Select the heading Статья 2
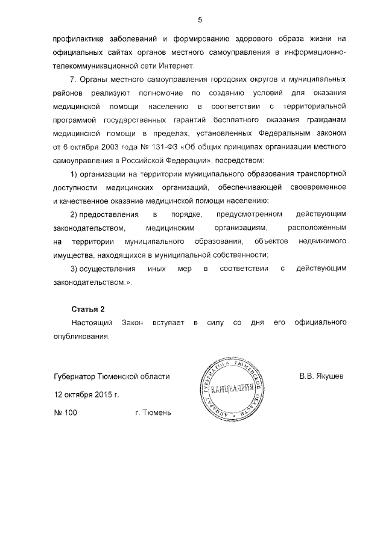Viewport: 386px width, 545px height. click(89, 309)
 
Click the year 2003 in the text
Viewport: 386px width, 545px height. click(122, 148)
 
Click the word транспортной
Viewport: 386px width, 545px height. click(320, 174)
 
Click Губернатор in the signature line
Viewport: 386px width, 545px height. click(76, 376)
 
